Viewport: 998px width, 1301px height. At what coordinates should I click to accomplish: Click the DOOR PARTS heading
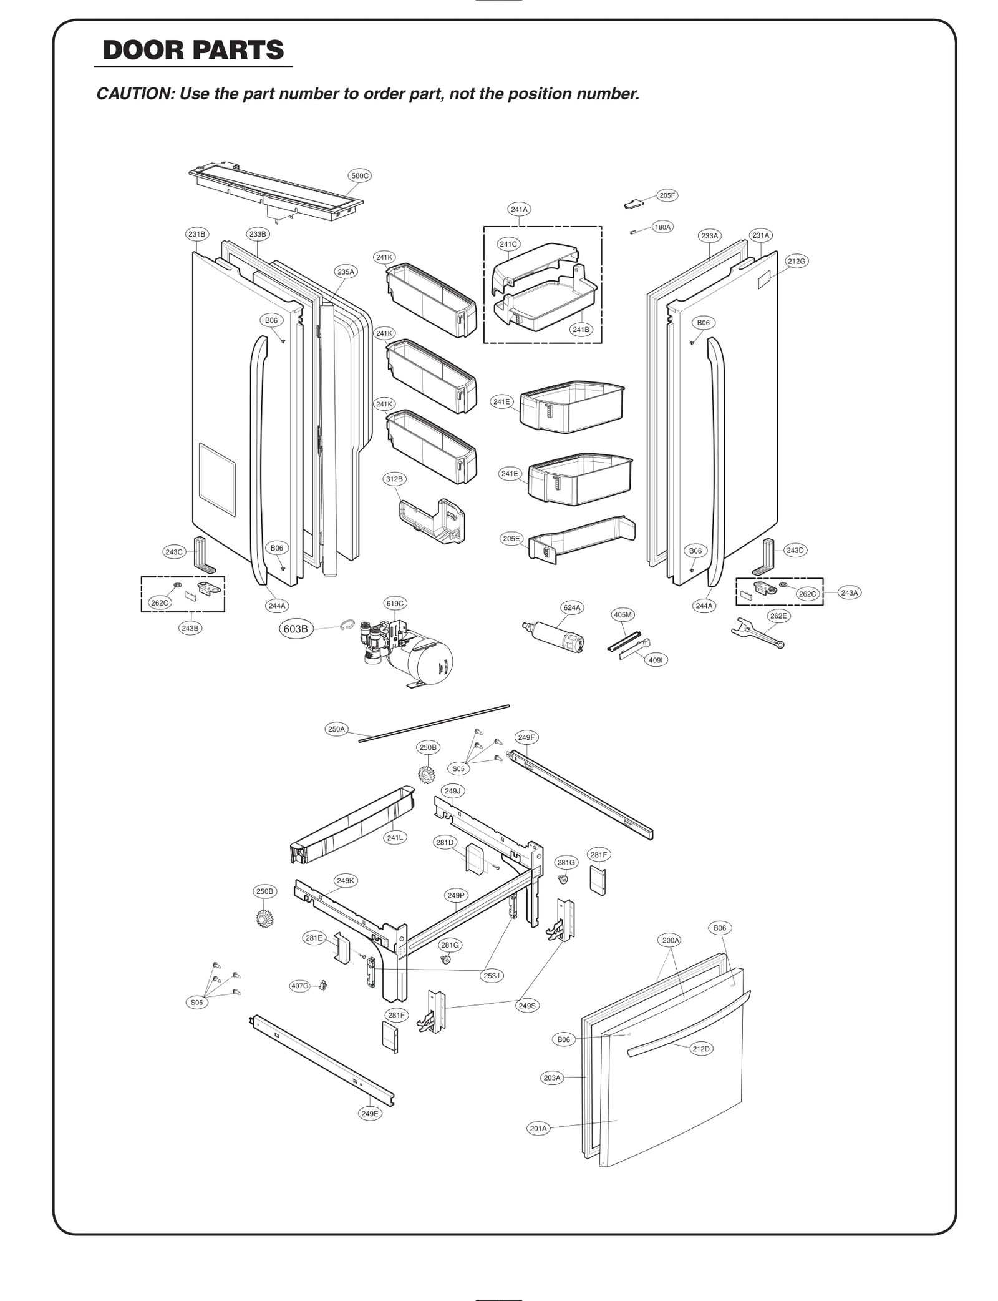click(x=193, y=50)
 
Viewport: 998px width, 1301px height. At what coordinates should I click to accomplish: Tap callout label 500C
click(x=360, y=175)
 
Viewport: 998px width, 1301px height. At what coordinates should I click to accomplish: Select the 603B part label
click(x=296, y=629)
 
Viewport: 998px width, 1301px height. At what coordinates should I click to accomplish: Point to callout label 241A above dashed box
click(x=519, y=209)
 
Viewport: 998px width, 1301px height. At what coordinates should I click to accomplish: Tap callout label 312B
click(x=394, y=479)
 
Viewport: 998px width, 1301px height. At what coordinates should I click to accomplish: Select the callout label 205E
click(x=511, y=538)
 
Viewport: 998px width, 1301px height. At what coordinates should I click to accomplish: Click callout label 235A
click(x=346, y=272)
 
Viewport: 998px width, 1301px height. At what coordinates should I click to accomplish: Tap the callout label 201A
click(x=538, y=1128)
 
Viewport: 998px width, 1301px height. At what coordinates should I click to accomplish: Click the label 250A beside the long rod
click(x=336, y=729)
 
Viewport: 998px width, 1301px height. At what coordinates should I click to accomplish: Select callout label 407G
click(x=300, y=986)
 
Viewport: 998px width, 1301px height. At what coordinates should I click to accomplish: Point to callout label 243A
click(x=849, y=592)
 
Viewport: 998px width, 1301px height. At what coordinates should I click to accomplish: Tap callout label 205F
click(x=667, y=195)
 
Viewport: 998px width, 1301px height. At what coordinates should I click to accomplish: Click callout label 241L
click(x=394, y=837)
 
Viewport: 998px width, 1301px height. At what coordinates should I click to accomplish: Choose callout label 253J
click(x=492, y=975)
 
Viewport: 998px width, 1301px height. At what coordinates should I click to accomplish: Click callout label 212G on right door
click(x=796, y=261)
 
